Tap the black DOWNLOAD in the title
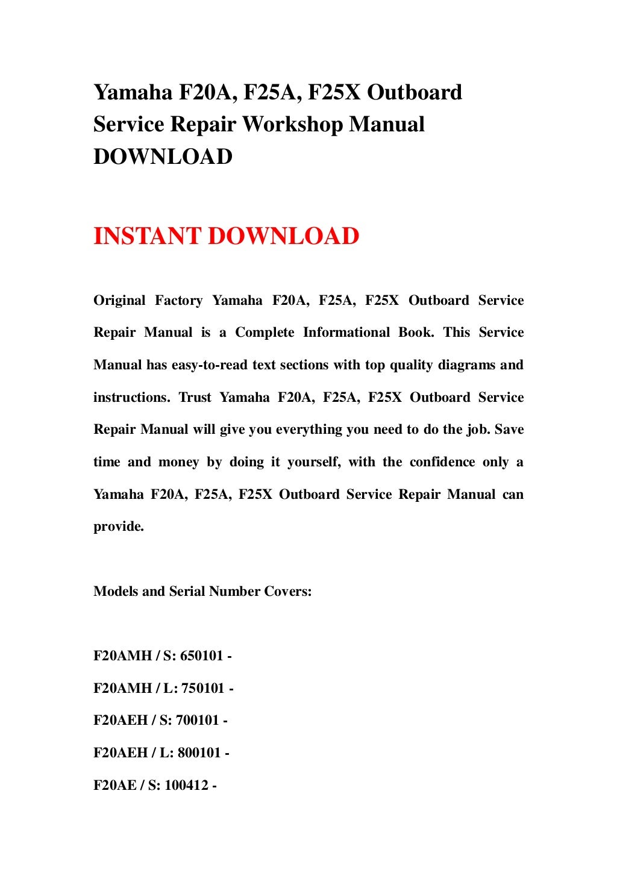coord(163,157)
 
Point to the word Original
coord(119,301)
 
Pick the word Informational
coord(346,333)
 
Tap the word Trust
coord(195,398)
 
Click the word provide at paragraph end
coord(118,527)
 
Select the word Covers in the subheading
coord(287,592)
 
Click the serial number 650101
coord(201,656)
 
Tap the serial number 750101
coord(203,689)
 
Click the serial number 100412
coord(186,786)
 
